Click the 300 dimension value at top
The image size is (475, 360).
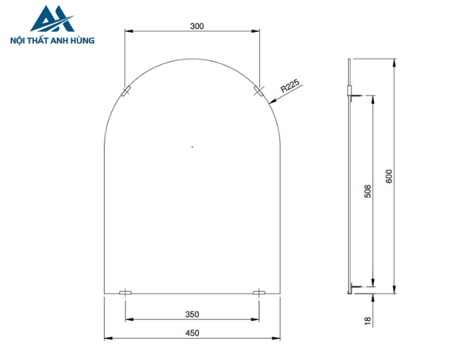(x=197, y=26)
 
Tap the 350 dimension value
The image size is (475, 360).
(x=192, y=314)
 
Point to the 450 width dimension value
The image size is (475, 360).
(x=192, y=333)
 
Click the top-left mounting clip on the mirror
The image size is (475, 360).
(x=126, y=91)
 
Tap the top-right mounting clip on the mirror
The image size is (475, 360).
(x=258, y=91)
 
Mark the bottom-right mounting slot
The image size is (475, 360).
(x=259, y=293)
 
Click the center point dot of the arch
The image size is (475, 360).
(x=192, y=145)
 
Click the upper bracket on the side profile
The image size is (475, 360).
(x=349, y=90)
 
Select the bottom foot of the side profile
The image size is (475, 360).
(x=350, y=291)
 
